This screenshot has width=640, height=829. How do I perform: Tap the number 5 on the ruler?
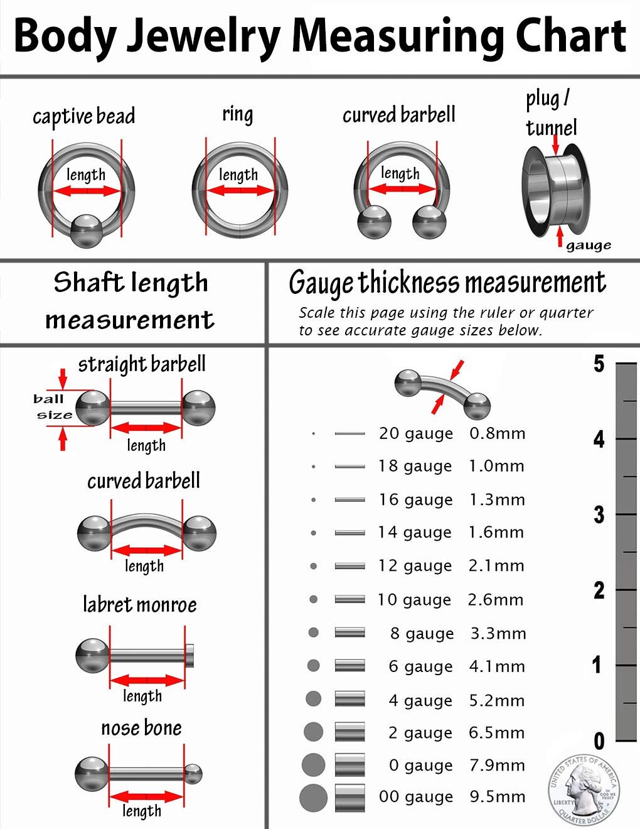599,364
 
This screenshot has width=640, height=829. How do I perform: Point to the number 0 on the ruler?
599,741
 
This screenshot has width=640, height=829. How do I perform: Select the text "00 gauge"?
415,797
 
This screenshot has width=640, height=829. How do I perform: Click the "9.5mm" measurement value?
497,797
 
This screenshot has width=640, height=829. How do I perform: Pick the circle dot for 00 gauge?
313,798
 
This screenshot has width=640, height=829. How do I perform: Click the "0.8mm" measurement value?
497,433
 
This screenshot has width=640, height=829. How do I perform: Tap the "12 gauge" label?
415,566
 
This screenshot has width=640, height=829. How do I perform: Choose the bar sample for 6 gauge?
349,666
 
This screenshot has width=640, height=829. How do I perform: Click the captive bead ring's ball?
87,230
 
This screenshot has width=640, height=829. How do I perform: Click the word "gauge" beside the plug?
588,246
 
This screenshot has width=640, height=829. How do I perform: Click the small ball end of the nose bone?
193,774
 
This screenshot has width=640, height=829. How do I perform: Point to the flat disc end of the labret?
191,656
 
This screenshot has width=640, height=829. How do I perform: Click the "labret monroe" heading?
140,605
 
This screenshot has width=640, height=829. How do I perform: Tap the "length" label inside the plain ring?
238,175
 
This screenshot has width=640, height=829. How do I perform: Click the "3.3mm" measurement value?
498,633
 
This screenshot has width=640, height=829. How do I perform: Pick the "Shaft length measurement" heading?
131,301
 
